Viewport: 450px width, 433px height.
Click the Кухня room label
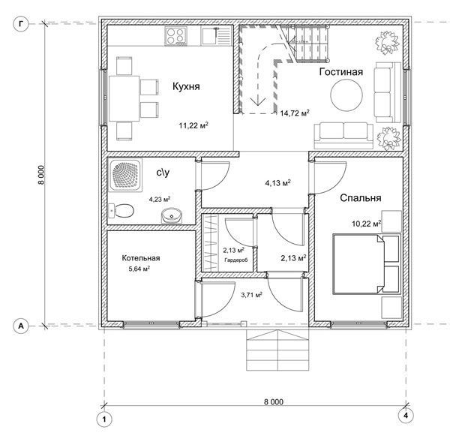[186, 86]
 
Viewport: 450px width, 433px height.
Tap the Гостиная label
[341, 71]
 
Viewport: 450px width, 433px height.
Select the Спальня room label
[361, 198]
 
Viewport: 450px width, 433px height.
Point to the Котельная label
[141, 258]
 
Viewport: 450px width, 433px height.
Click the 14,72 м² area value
[295, 113]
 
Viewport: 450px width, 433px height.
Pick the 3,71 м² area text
[251, 295]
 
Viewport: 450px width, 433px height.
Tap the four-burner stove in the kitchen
[175, 37]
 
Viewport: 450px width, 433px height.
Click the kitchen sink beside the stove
[216, 36]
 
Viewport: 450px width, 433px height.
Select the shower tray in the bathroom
[125, 176]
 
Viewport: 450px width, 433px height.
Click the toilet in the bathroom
[121, 212]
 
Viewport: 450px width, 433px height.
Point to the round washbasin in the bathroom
[171, 216]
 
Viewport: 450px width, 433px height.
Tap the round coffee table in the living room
[346, 95]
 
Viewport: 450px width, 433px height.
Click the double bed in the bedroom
[366, 264]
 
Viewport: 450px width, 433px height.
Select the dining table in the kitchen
[124, 98]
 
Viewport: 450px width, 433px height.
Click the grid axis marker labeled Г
[21, 24]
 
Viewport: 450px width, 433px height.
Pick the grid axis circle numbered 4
[406, 415]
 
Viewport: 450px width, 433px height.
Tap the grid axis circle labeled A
[21, 326]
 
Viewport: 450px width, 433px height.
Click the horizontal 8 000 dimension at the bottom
[273, 402]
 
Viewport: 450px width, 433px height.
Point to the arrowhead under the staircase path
[258, 101]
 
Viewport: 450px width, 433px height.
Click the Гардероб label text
[236, 260]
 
